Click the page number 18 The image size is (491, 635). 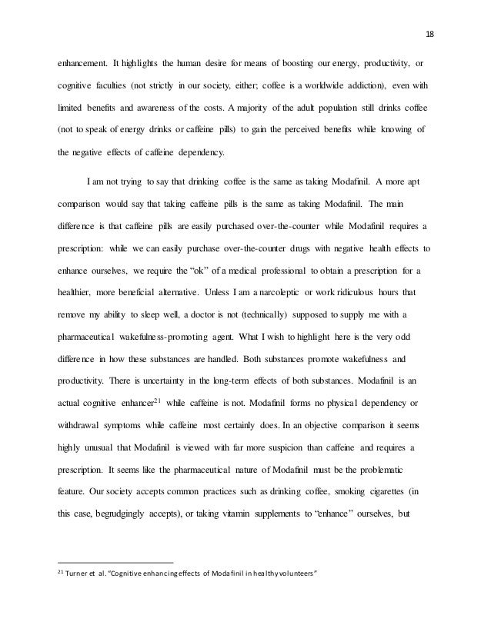429,32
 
